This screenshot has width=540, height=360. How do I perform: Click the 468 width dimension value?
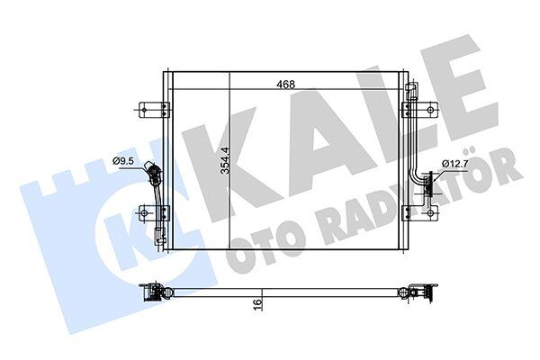pos(285,85)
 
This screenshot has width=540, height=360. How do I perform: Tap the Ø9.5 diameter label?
pos(124,161)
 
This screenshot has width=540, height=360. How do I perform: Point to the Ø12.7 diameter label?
pos(454,164)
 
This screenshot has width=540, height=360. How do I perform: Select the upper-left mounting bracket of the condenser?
pos(156,110)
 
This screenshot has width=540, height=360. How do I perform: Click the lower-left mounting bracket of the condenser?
pos(156,213)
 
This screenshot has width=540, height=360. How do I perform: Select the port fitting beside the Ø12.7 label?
pos(427,184)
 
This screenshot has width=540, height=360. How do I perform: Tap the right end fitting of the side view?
pos(421,292)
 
